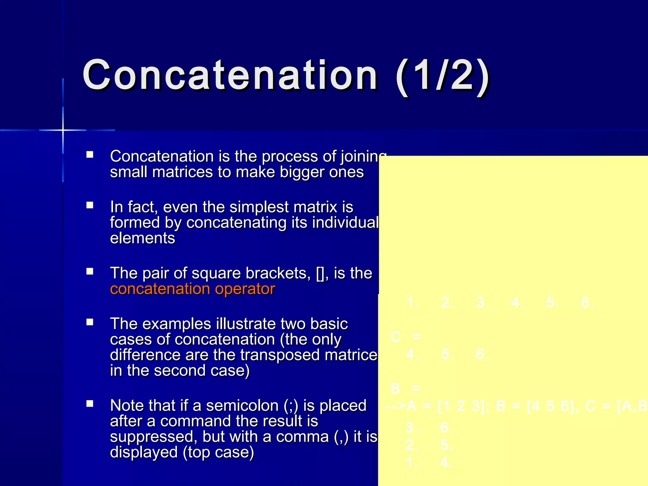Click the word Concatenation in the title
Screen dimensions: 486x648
pos(230,76)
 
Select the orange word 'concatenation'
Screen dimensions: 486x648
pos(160,289)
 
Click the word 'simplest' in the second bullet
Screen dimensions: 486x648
pos(259,207)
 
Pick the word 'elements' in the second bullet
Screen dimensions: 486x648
pos(142,238)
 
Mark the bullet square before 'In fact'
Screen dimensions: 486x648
pos(90,206)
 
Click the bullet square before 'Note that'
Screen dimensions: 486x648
pos(90,404)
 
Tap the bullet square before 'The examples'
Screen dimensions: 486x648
pos(90,322)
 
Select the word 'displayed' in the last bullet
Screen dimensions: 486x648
pos(144,452)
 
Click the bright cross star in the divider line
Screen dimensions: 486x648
pos(63,130)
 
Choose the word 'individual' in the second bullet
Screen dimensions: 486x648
pos(346,223)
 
